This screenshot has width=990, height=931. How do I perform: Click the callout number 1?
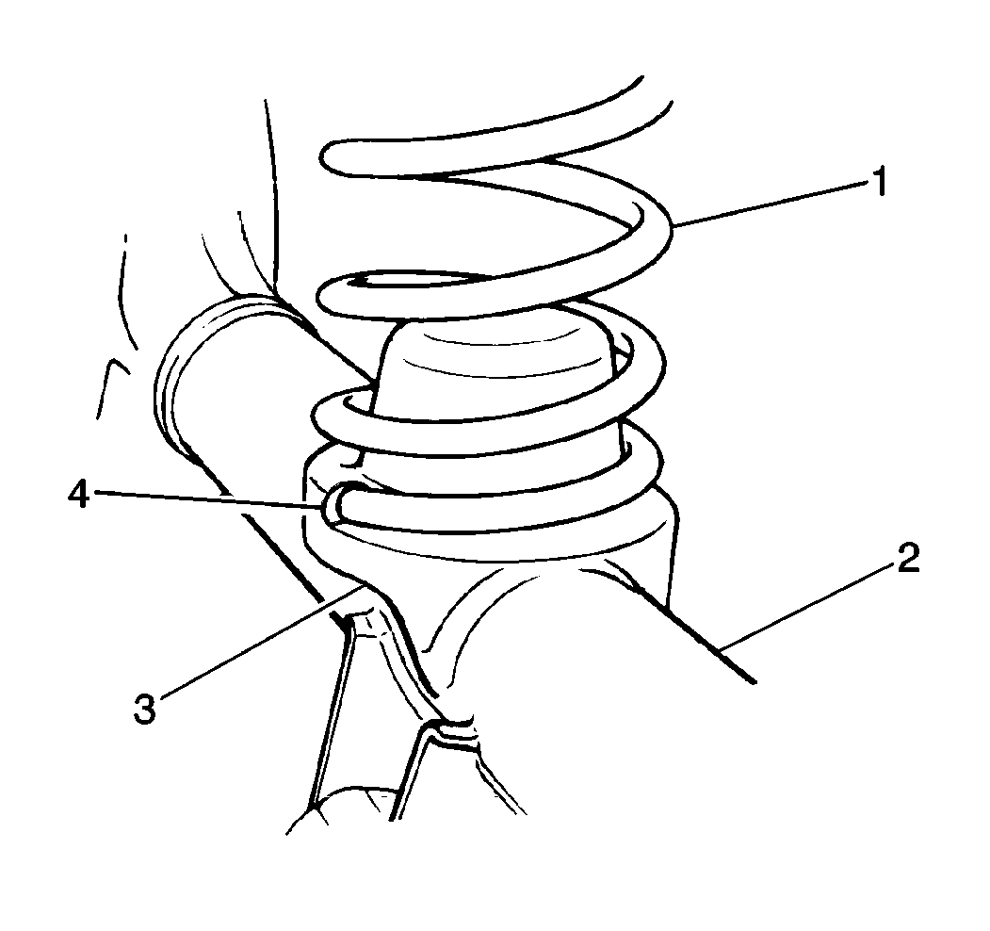coord(878,182)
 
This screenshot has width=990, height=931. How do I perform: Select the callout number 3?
coord(143,707)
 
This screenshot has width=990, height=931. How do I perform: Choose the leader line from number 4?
coord(207,500)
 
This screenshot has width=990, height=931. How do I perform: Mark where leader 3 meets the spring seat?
coord(363,586)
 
